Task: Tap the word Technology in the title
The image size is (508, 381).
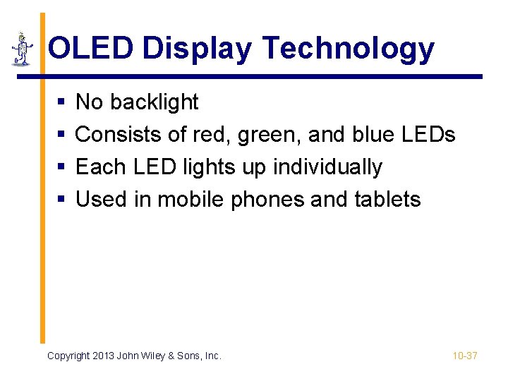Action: click(x=348, y=49)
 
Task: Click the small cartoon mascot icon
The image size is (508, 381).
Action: click(x=23, y=48)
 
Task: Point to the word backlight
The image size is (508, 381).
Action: click(x=155, y=102)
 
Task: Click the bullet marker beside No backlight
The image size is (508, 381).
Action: click(x=61, y=103)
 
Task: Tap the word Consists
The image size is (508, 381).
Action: click(x=116, y=135)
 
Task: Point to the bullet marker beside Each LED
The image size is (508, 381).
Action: click(x=61, y=168)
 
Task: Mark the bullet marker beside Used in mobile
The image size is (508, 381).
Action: click(x=61, y=200)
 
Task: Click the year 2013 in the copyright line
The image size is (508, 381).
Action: click(x=104, y=356)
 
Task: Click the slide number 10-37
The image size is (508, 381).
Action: click(x=465, y=356)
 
